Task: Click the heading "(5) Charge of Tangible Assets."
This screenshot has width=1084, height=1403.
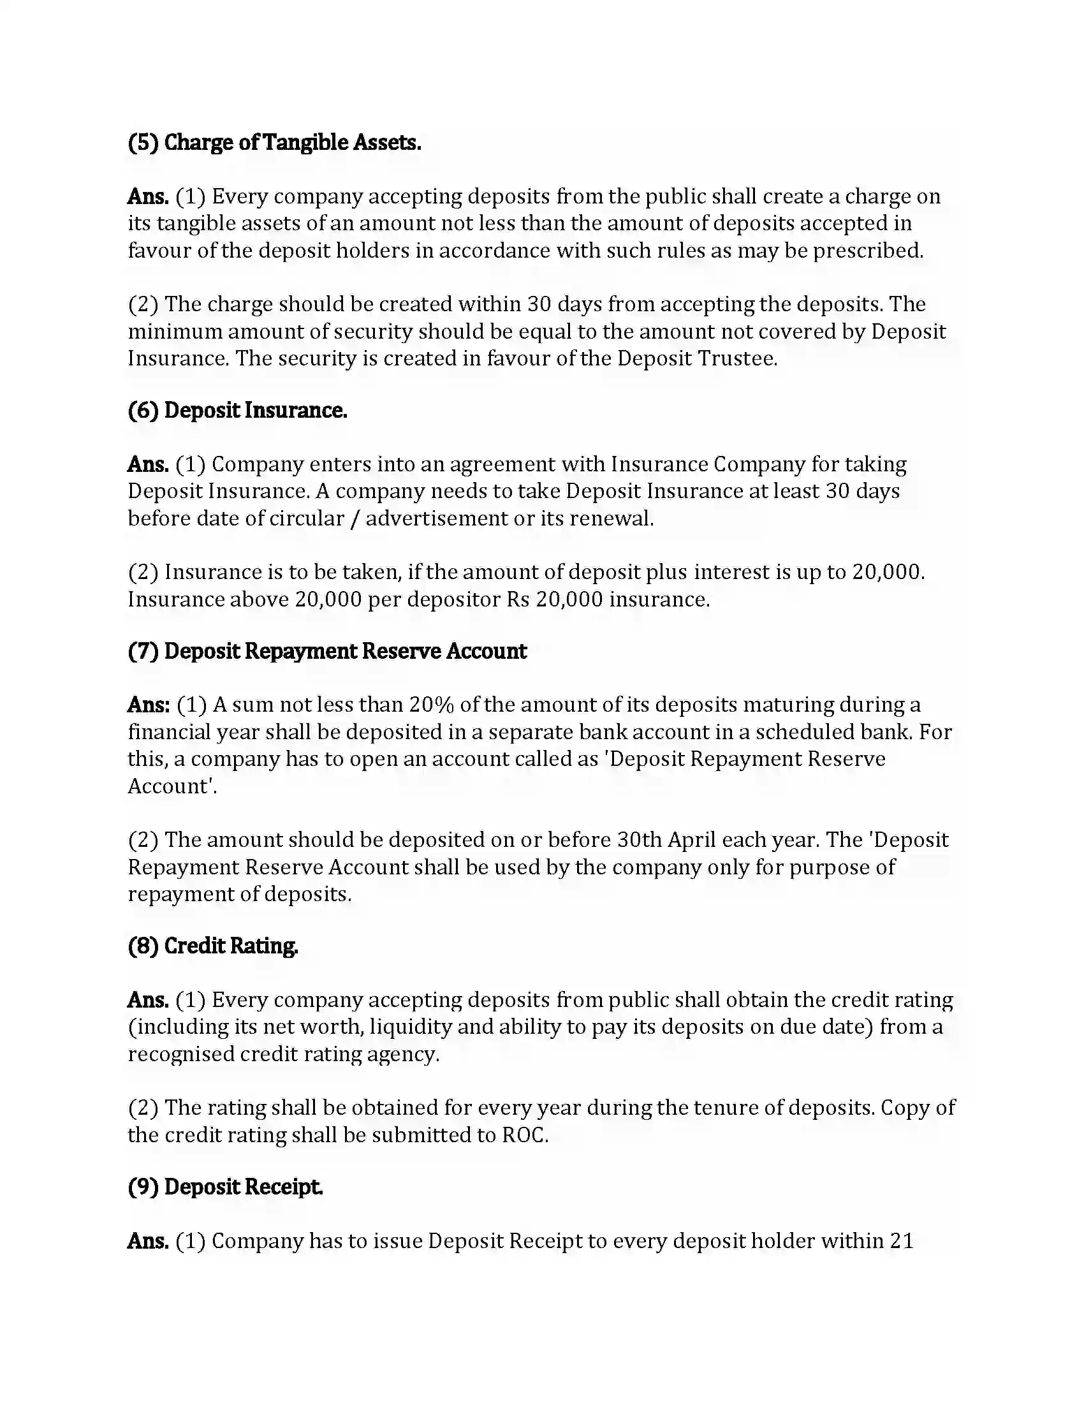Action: [274, 143]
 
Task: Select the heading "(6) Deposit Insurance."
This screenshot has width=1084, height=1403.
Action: [238, 411]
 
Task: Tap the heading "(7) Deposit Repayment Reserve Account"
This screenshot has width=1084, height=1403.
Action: [327, 651]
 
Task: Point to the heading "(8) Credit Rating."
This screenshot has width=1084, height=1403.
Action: [212, 946]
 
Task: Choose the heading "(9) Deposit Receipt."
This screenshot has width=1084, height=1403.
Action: [224, 1187]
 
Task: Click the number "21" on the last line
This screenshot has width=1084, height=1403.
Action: [902, 1240]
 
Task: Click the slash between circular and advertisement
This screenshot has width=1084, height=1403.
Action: [355, 518]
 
